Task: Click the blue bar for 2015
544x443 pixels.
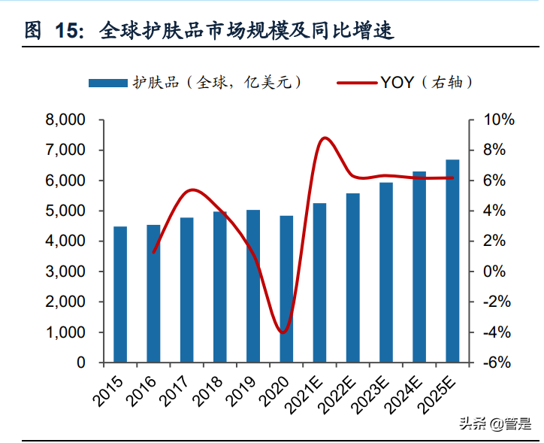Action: point(120,294)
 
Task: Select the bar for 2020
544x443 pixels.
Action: point(286,289)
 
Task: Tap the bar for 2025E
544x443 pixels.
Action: point(452,261)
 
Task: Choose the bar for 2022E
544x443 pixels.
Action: point(352,278)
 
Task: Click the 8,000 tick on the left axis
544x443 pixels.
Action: point(65,120)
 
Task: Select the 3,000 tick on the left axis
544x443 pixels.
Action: point(65,272)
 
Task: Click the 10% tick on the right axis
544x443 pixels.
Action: point(498,120)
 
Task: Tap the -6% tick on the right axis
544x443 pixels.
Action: point(497,363)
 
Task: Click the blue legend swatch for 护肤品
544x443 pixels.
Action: point(108,83)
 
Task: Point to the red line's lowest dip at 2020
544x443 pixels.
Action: point(283,332)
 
